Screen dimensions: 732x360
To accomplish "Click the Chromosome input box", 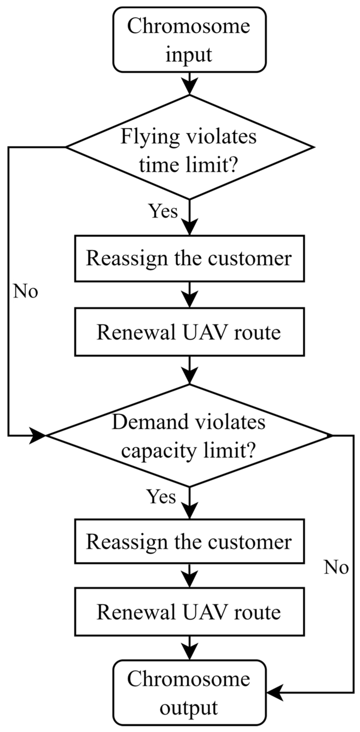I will pos(189,40).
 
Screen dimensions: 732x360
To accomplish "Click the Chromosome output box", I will pos(189,693).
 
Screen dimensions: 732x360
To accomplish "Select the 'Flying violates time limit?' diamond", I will pos(189,147).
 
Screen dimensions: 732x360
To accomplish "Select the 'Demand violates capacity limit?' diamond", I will pos(189,435).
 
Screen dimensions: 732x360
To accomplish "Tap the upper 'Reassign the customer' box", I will pos(189,258).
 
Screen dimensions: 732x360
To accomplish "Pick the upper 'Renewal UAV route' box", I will pos(189,332).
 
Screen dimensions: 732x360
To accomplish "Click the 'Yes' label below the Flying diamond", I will pos(163,211).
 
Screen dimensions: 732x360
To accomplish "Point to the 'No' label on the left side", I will pos(26,292).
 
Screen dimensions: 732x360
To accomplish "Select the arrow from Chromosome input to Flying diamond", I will pos(189,83).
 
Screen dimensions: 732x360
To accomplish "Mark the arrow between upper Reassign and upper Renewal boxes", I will pos(189,295).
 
